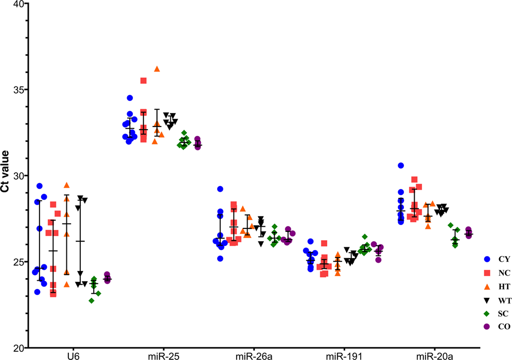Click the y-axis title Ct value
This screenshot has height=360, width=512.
[x=5, y=176]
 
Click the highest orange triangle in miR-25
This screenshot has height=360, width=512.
[x=157, y=69]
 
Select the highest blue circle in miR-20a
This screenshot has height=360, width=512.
[x=401, y=166]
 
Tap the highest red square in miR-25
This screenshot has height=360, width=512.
[x=144, y=81]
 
